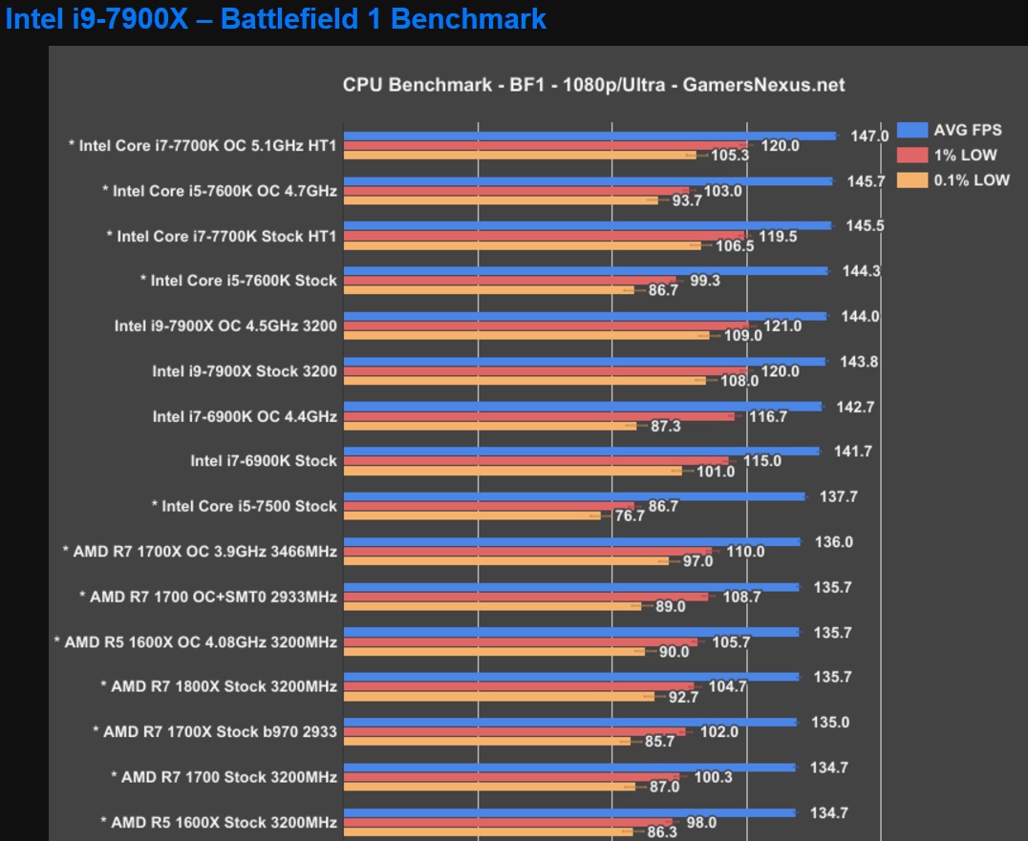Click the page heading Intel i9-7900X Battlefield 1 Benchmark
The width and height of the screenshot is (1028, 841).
pyautogui.click(x=276, y=18)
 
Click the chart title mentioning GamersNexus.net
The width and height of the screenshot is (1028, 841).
pyautogui.click(x=593, y=85)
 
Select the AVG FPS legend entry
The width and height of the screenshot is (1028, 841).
pyautogui.click(x=966, y=131)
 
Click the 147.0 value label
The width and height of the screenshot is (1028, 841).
pyautogui.click(x=869, y=137)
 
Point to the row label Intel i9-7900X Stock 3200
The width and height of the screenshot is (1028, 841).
pyautogui.click(x=245, y=371)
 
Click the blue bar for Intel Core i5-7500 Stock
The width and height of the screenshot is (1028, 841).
pyautogui.click(x=573, y=496)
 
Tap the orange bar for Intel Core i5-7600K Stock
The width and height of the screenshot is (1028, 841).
pyautogui.click(x=488, y=289)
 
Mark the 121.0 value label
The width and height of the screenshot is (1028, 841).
pyautogui.click(x=783, y=326)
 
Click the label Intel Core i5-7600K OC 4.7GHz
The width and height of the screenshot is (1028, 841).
pyautogui.click(x=220, y=191)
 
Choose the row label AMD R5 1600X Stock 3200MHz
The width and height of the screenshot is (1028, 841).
pyautogui.click(x=219, y=822)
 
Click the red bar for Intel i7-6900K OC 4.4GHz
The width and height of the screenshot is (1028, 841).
pyautogui.click(x=539, y=416)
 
